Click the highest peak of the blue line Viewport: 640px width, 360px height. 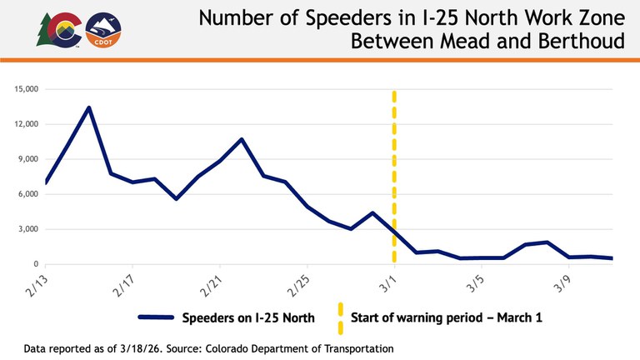click(89, 107)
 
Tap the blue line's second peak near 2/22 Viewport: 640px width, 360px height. click(242, 139)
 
